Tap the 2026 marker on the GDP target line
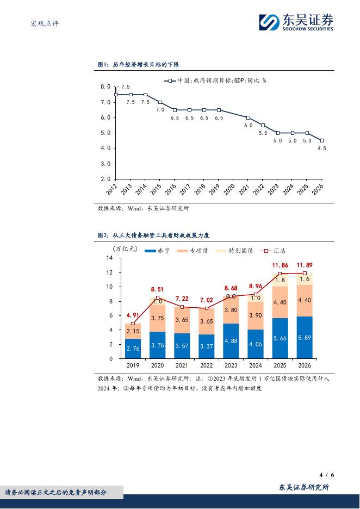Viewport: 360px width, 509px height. pyautogui.click(x=322, y=140)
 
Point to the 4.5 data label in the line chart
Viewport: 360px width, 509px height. pyautogui.click(x=322, y=148)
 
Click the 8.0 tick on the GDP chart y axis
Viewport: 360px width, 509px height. pyautogui.click(x=105, y=87)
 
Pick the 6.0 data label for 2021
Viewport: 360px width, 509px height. pyautogui.click(x=248, y=125)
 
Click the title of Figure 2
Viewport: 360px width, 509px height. pyautogui.click(x=153, y=235)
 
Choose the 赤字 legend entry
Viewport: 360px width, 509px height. pyautogui.click(x=158, y=251)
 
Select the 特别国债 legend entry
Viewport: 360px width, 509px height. pyautogui.click(x=236, y=251)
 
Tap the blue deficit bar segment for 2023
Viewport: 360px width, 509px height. pyautogui.click(x=231, y=341)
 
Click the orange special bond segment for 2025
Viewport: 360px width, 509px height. pyautogui.click(x=280, y=302)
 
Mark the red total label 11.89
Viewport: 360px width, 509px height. pyautogui.click(x=305, y=265)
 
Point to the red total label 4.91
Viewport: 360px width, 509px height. pyautogui.click(x=133, y=315)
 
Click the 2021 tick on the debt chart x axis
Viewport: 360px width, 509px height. pyautogui.click(x=182, y=366)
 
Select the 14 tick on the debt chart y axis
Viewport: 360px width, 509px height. pyautogui.click(x=109, y=258)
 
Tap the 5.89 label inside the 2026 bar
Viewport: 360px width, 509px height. pyautogui.click(x=305, y=338)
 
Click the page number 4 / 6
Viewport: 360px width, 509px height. pyautogui.click(x=327, y=475)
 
